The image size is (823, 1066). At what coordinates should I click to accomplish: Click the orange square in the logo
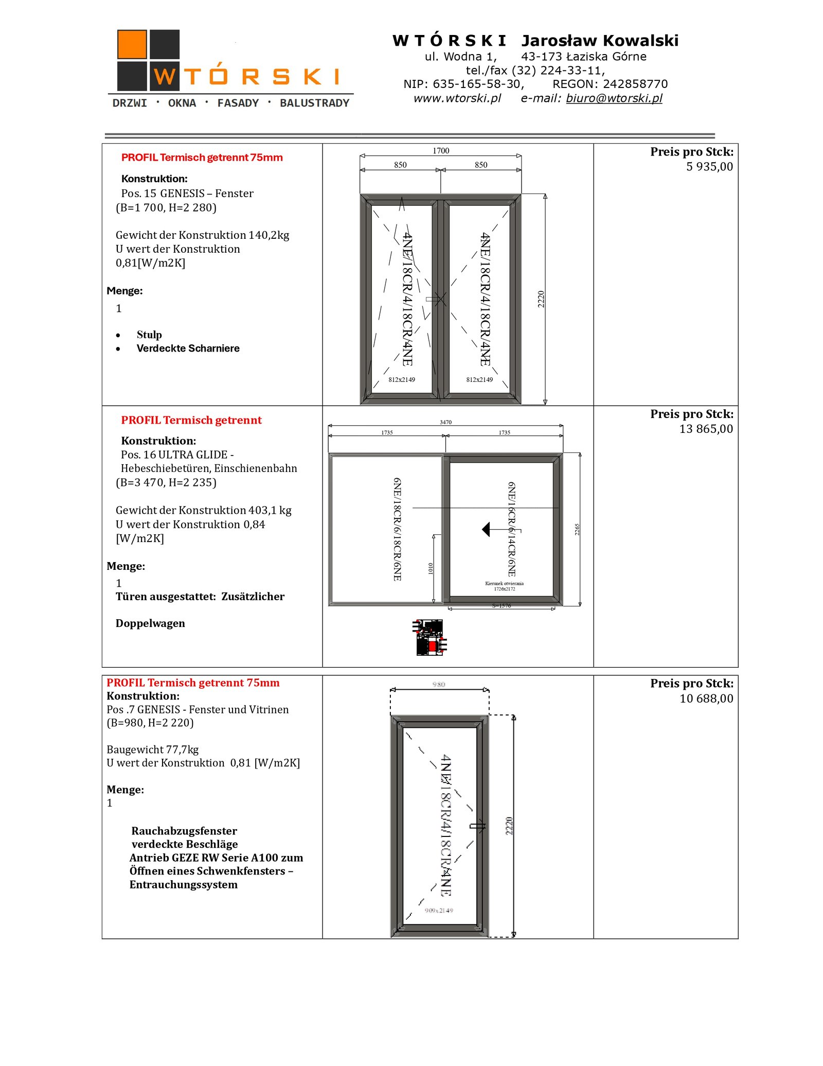(132, 44)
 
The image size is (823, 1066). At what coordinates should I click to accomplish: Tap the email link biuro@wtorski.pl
(614, 98)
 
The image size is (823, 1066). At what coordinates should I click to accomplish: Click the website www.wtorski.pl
(457, 98)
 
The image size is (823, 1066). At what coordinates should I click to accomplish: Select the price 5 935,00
(709, 167)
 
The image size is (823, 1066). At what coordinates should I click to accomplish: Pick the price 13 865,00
(706, 429)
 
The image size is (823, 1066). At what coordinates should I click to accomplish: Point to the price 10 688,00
(706, 698)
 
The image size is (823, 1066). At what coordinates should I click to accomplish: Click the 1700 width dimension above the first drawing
(441, 151)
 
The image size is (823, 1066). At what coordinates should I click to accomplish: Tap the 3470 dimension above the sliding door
(445, 422)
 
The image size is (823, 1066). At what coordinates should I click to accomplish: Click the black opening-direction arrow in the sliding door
(486, 529)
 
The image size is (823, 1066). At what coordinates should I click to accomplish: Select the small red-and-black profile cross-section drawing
(430, 638)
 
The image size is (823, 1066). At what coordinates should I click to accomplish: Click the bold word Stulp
(149, 335)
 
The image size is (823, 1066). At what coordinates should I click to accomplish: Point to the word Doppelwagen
(150, 623)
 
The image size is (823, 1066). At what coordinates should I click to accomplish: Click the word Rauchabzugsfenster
(184, 831)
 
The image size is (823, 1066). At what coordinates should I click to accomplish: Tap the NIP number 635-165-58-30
(477, 84)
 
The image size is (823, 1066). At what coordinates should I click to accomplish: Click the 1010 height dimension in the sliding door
(431, 568)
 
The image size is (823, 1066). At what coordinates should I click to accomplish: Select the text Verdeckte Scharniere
(188, 348)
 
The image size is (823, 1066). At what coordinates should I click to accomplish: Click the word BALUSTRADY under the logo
(314, 103)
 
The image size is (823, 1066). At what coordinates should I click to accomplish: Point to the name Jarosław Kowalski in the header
(600, 41)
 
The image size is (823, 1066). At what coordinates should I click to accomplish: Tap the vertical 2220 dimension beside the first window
(541, 299)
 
